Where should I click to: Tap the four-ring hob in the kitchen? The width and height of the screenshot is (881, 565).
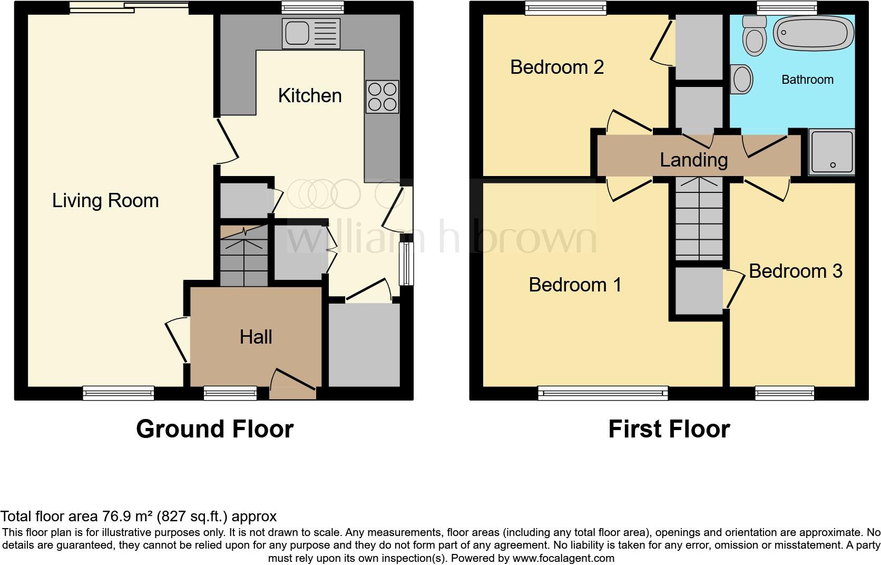tap(383, 96)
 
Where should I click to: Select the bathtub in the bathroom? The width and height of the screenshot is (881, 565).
tap(814, 33)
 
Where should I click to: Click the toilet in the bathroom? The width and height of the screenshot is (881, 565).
tap(755, 36)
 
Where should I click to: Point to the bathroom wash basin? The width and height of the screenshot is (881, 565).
tap(742, 79)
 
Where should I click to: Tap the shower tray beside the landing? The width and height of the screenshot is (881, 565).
tap(832, 152)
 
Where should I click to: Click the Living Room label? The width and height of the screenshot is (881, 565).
tap(105, 201)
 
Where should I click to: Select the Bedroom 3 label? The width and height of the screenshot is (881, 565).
tap(795, 271)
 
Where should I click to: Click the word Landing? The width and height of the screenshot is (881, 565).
tap(693, 160)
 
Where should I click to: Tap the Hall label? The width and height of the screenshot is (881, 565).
tap(256, 337)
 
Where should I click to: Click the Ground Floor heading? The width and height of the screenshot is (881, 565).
tap(214, 429)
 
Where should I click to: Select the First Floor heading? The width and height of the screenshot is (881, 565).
tap(669, 429)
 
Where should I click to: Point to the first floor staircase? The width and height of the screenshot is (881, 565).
tap(699, 219)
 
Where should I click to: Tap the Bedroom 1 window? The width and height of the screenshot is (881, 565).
tap(603, 393)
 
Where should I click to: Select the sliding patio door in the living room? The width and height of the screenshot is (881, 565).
tap(129, 7)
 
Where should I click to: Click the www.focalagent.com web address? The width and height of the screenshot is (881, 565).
tap(563, 558)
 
